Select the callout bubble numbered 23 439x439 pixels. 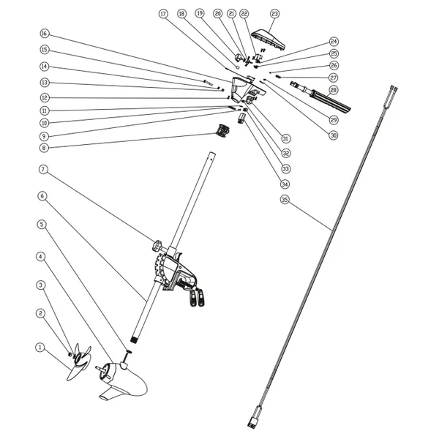(x=275, y=14)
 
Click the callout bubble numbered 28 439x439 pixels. (x=333, y=91)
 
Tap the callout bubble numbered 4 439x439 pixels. (x=40, y=257)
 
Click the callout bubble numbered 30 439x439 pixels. (x=333, y=135)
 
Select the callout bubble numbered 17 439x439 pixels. (x=163, y=14)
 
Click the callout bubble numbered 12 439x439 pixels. (x=44, y=97)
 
